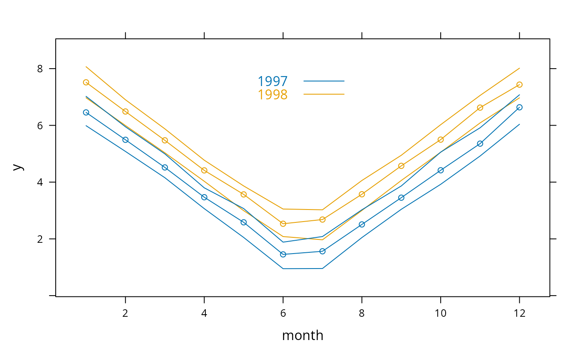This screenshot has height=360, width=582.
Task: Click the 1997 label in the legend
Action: [272, 81]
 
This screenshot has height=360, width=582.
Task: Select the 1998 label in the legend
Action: [272, 95]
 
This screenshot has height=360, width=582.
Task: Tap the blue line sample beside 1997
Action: [324, 81]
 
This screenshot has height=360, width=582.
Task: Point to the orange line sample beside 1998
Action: [324, 94]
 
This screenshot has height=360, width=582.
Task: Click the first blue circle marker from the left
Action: [86, 112]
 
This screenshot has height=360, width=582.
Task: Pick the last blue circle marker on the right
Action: [519, 107]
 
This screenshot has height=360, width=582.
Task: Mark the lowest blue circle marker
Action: [283, 254]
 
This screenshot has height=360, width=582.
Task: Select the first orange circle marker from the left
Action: [86, 82]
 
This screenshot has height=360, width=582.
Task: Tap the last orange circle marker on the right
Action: [519, 85]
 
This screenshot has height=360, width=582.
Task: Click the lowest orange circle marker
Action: [283, 224]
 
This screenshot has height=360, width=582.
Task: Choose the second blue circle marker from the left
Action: [126, 140]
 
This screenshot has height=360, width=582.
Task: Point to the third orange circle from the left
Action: [165, 141]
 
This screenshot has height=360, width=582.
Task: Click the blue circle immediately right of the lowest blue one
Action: [322, 251]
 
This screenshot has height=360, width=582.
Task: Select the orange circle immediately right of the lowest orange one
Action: [322, 219]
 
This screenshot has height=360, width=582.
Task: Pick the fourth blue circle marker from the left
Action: [204, 197]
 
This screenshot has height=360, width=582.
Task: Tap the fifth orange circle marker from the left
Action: [244, 195]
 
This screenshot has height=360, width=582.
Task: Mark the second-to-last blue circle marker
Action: [480, 144]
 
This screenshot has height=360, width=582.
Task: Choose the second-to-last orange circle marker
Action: [480, 108]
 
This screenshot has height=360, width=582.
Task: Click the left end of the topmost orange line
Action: [86, 67]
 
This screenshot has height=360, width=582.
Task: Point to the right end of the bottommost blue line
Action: [519, 124]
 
